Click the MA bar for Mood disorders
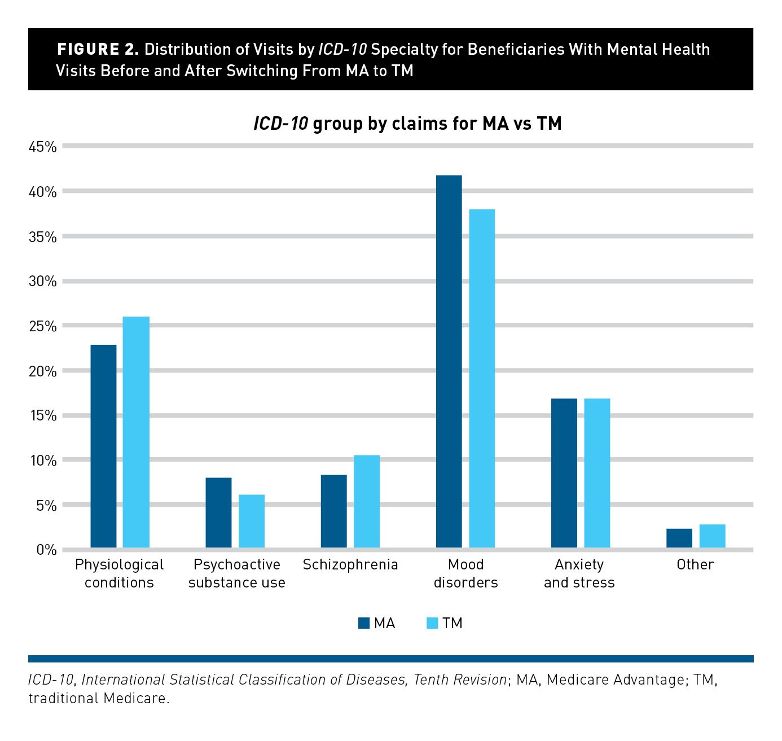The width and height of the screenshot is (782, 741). [449, 361]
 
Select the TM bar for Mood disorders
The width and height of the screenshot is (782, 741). [482, 378]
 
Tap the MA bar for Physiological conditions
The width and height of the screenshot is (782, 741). [103, 446]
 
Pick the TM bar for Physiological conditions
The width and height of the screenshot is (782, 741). [136, 432]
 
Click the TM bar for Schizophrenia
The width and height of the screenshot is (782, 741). [367, 501]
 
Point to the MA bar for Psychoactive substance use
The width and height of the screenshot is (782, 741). [218, 512]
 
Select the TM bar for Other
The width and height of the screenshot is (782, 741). [712, 536]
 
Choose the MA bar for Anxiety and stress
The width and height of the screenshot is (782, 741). [564, 473]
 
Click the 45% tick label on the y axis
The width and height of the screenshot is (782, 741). [43, 147]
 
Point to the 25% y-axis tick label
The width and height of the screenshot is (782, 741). [43, 326]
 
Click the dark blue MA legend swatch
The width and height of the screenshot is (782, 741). [364, 623]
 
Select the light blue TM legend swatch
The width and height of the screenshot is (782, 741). [432, 623]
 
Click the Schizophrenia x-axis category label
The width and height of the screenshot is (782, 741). [350, 565]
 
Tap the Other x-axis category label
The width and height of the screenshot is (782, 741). [695, 565]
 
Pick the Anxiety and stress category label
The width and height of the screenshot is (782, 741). [579, 573]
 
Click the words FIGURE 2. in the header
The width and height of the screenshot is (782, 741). [98, 50]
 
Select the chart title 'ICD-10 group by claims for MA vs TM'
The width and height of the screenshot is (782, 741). [407, 124]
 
